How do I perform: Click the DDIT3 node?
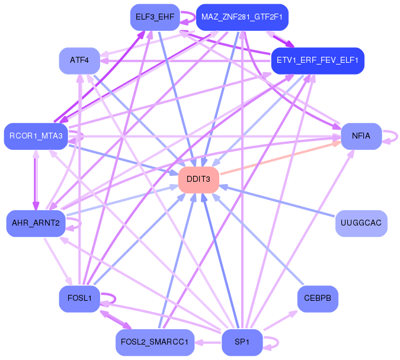point(199,180)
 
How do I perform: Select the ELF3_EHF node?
point(155,17)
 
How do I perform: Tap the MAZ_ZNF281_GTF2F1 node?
point(242,17)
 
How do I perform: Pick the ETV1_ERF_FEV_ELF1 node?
point(318,60)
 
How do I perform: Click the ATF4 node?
point(79,60)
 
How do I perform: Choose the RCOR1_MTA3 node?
point(36,136)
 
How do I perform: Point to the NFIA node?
point(361,136)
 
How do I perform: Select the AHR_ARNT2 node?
point(36,223)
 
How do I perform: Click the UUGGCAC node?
point(361,223)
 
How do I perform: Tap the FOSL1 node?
point(79,298)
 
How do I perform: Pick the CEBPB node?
point(318,298)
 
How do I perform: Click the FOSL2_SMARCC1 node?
point(155,342)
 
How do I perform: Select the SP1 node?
point(242,342)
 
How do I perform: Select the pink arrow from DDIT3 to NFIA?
point(280,158)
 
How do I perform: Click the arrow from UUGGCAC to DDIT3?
point(277,201)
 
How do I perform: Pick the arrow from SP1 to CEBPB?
point(280,320)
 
